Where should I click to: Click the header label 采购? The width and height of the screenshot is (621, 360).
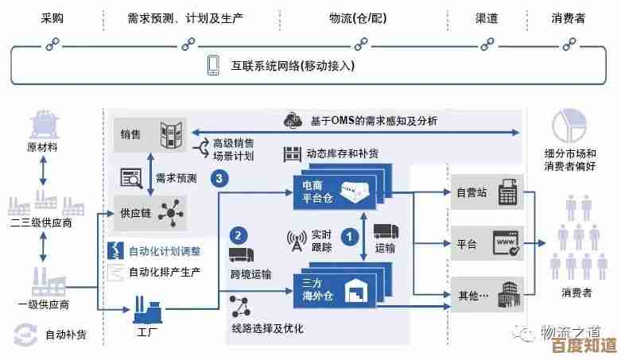[x=52, y=17]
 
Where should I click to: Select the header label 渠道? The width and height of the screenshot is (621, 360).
[x=486, y=17]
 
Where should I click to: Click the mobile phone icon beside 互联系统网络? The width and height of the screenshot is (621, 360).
[x=213, y=65]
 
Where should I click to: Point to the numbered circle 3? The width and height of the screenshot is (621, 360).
[x=219, y=179]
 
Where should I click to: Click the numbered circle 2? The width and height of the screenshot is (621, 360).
[x=238, y=236]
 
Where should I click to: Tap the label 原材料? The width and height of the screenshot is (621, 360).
[x=42, y=147]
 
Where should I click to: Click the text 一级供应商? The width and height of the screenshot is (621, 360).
[x=43, y=304]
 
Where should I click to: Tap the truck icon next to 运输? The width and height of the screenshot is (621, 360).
[x=385, y=230]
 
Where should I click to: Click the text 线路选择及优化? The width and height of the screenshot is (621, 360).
[x=266, y=327]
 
